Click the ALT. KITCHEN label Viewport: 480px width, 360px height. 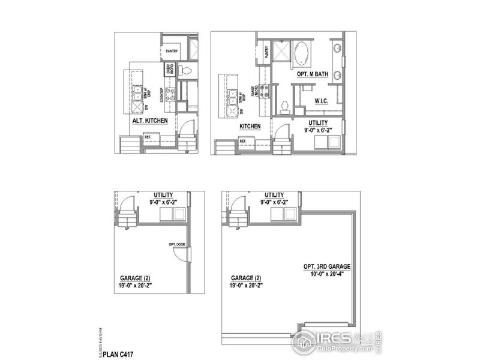point(149,121)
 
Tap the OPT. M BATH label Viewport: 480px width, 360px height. point(312,74)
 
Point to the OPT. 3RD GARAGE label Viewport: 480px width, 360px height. point(326,266)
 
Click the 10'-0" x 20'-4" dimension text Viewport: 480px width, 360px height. point(326,274)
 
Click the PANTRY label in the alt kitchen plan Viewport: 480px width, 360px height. point(171,51)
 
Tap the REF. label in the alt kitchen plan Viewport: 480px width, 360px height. point(148,137)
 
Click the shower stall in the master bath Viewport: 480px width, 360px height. point(280,53)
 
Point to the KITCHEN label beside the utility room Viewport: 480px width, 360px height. point(250,127)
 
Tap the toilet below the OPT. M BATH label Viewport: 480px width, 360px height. point(286,107)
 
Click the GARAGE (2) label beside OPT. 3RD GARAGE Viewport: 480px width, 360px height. point(246,278)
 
